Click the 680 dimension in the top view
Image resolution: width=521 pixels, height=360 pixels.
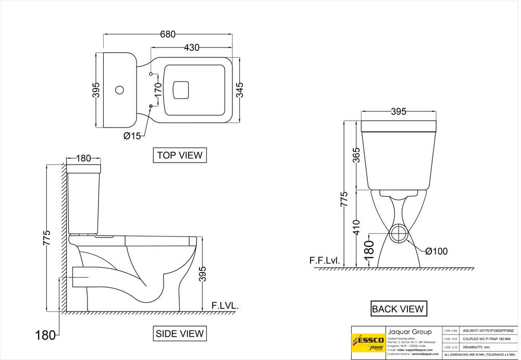point(167,34)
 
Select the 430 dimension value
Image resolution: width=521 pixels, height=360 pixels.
point(191,47)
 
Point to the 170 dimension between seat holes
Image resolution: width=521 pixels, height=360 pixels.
point(158,90)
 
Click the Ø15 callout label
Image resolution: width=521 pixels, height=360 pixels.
point(132,136)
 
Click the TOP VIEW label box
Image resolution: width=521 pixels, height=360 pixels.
point(180,155)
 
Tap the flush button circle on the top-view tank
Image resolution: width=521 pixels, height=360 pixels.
point(119,90)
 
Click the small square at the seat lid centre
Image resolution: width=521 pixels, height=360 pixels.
point(181,89)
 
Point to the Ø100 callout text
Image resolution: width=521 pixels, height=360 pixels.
point(436,252)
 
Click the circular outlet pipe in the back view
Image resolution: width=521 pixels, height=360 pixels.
point(399,234)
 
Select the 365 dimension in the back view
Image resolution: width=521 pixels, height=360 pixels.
point(356,156)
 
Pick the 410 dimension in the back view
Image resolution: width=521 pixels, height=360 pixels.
point(356,227)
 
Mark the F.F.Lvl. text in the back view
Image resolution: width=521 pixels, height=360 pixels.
point(325,260)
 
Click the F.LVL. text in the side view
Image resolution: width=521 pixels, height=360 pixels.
point(225,306)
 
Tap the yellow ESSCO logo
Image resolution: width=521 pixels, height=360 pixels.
point(368,343)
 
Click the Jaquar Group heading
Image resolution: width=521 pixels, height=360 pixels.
point(410,332)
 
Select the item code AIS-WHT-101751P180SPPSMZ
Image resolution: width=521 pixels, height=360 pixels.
point(488,331)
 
